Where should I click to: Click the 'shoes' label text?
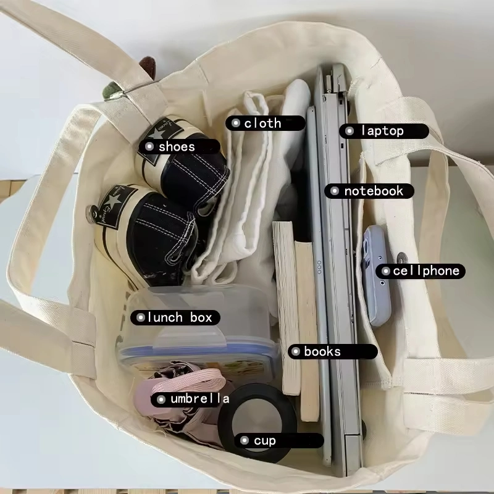coord(177,146)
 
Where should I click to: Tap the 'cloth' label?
coord(262,123)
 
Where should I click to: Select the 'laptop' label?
coord(382,131)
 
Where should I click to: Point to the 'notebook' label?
coord(374,191)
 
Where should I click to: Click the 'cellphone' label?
coord(426,271)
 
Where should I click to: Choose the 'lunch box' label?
coord(180,317)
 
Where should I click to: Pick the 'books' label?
coord(322,351)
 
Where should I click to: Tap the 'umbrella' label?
coord(199,399)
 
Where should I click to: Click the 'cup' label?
coord(265,441)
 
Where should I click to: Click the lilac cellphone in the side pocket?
coord(377,275)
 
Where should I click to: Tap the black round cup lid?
coord(257,423)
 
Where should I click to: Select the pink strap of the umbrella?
coord(189,381)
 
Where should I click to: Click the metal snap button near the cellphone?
coord(402,258)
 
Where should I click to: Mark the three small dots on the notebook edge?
coord(319,267)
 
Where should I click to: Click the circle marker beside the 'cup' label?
coord(245,440)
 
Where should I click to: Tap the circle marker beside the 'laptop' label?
coord(350,131)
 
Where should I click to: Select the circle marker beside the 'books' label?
coord(296,351)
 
